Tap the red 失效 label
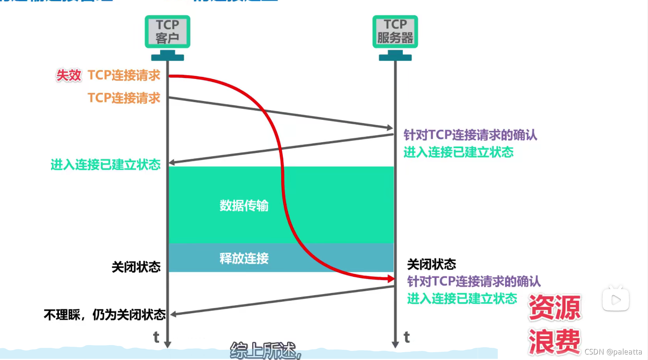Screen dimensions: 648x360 point(69,75)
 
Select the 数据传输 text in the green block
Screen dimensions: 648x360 point(244,206)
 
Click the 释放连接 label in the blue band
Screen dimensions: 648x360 point(244,258)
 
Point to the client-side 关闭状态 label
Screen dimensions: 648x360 point(136,267)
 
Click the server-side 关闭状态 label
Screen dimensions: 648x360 point(431,264)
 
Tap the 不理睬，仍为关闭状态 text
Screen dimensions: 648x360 point(104,314)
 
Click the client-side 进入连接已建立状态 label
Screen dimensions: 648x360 point(106,165)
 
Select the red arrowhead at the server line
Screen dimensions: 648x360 point(390,279)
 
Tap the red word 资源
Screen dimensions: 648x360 point(555,307)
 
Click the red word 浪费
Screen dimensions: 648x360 point(554,342)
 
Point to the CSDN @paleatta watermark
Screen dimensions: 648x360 point(613,352)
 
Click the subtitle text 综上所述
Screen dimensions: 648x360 point(265,350)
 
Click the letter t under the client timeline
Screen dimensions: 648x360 point(156,337)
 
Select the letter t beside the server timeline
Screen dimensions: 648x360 point(406,337)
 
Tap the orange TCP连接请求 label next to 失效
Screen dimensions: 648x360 point(124,75)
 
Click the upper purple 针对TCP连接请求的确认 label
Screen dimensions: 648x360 point(470,135)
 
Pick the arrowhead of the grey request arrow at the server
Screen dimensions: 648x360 point(389,127)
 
